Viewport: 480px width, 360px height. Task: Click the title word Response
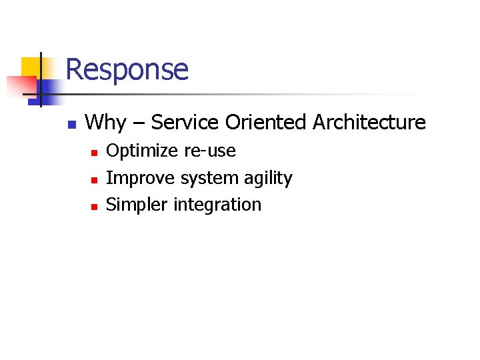[x=127, y=69]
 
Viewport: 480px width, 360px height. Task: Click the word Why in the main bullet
[x=105, y=123]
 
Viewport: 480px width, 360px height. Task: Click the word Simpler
[x=137, y=205]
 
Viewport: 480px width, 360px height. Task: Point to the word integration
[x=217, y=205]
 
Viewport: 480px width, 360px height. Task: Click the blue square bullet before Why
[x=73, y=124]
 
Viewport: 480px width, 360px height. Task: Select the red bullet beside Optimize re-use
[x=94, y=153]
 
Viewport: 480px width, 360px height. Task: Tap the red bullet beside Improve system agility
[x=94, y=180]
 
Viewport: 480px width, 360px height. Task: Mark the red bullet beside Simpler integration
[x=94, y=207]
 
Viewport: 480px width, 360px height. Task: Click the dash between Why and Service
[x=139, y=123]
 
